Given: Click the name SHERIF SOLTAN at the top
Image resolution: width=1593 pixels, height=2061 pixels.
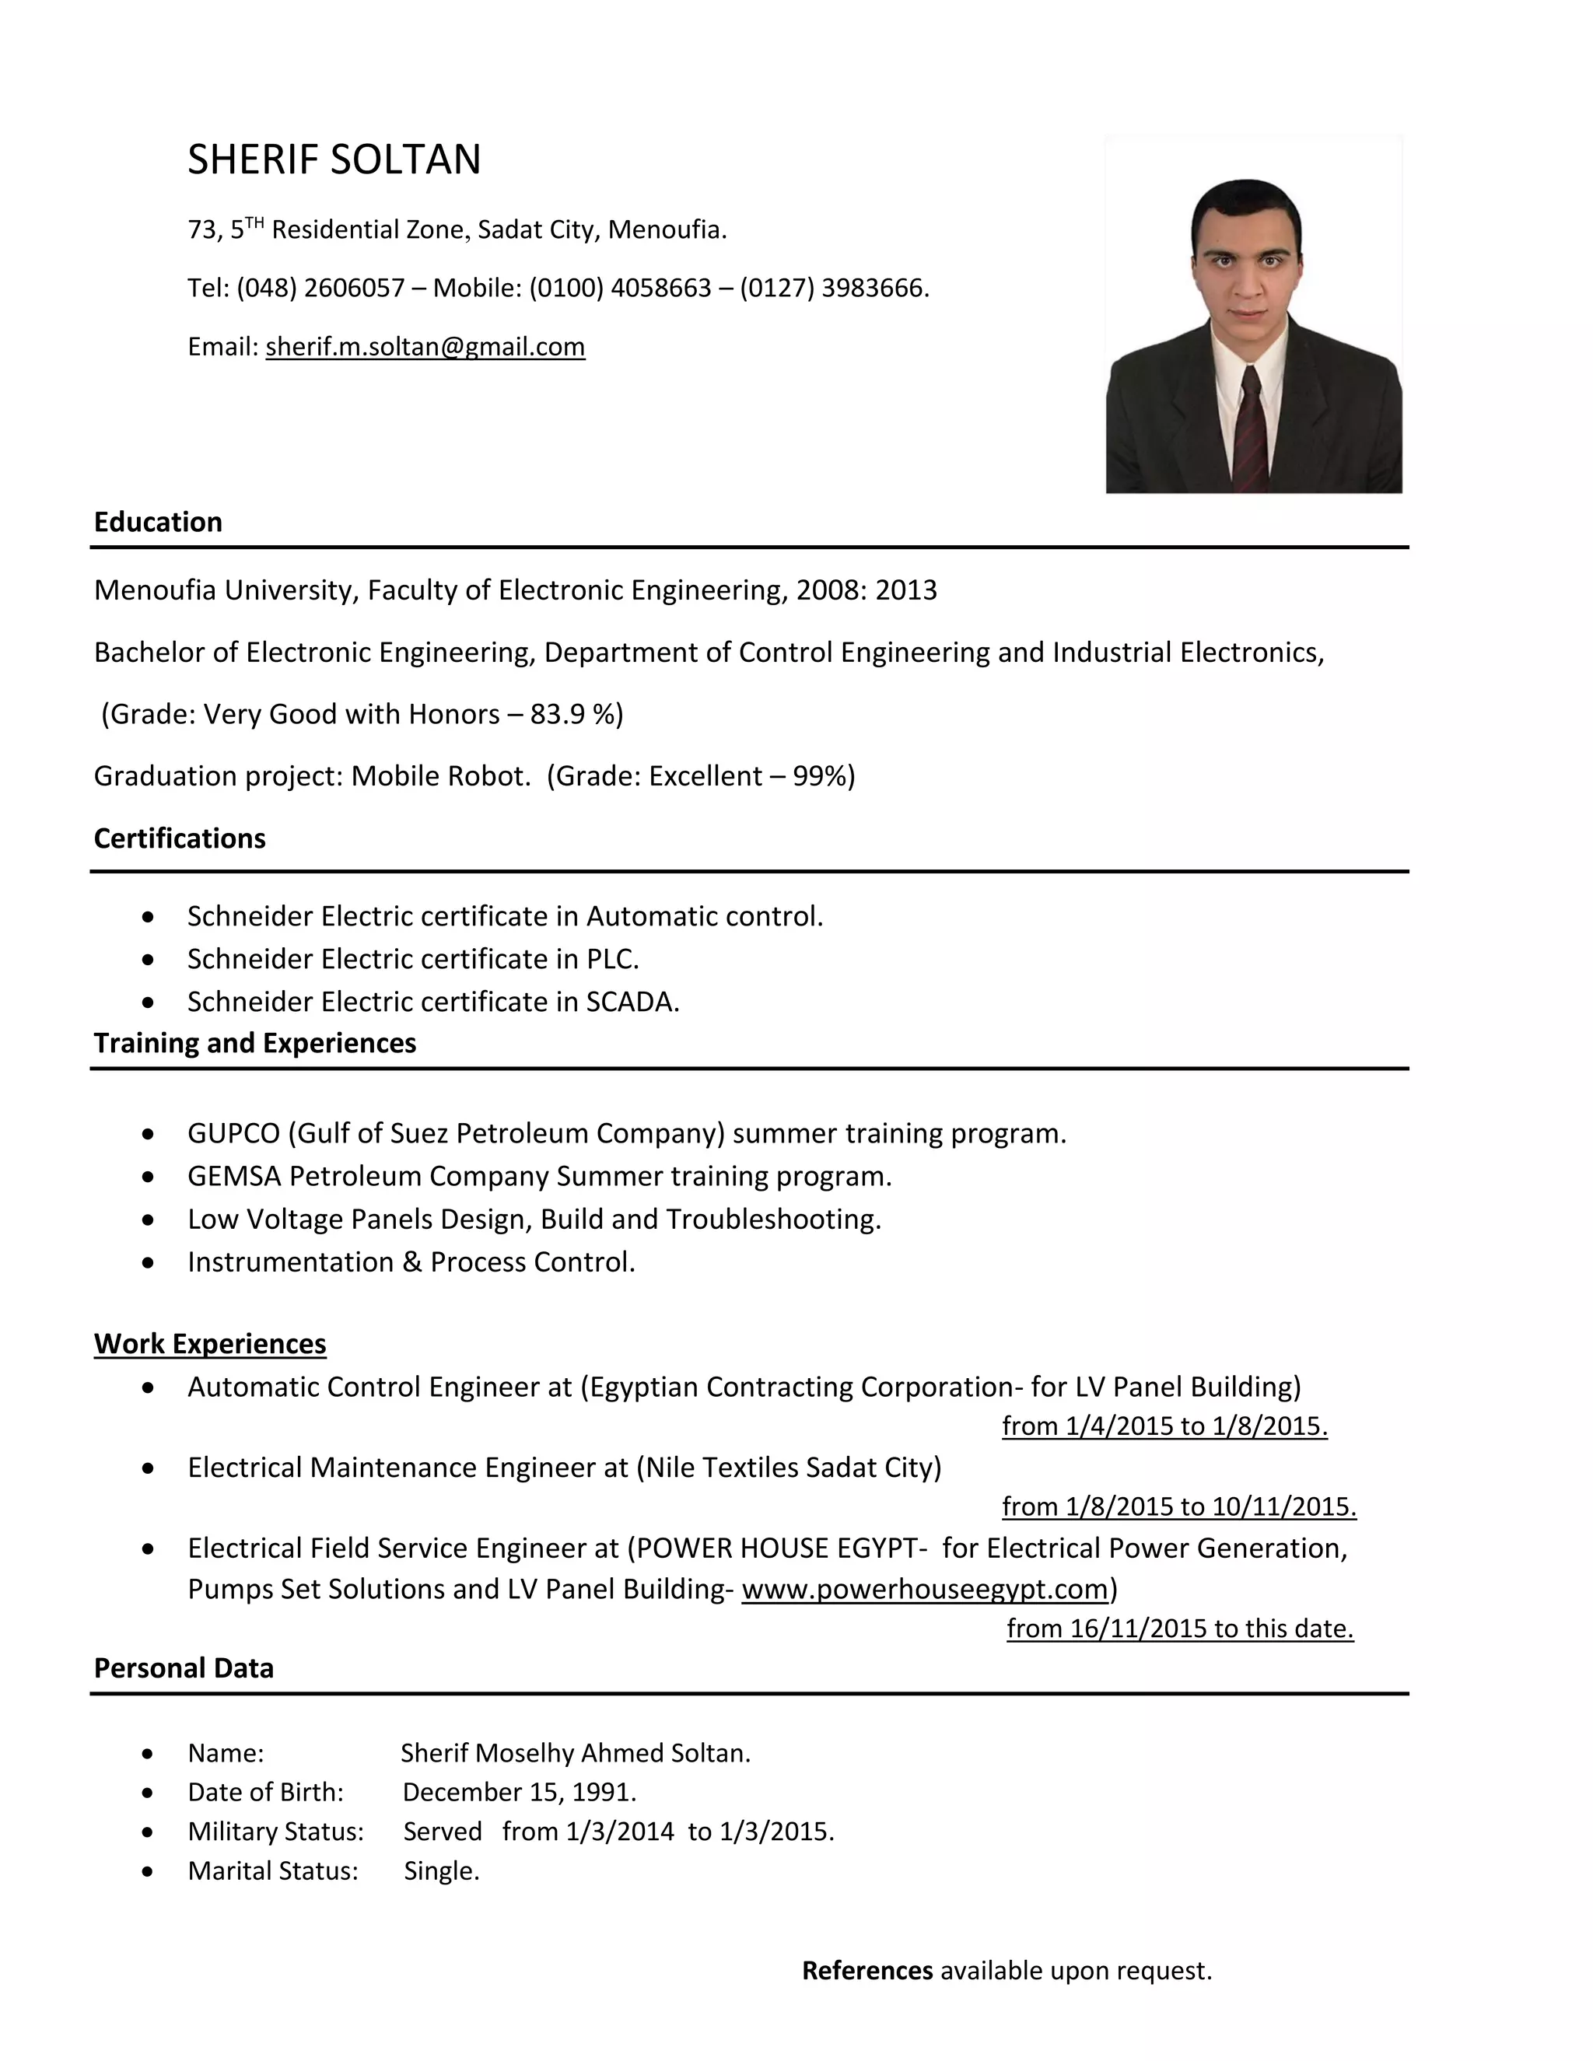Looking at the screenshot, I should click(334, 159).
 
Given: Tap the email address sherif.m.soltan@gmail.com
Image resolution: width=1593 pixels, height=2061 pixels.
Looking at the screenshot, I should click(425, 348).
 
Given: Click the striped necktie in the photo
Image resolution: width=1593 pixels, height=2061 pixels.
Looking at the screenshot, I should click(1252, 429).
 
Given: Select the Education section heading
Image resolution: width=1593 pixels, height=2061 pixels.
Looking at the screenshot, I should click(158, 522).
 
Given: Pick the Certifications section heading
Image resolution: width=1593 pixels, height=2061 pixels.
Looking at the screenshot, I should click(180, 838).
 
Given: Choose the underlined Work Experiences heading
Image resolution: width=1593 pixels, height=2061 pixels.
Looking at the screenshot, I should click(209, 1344).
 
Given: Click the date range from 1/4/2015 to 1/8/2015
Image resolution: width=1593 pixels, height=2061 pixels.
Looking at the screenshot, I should click(1164, 1426).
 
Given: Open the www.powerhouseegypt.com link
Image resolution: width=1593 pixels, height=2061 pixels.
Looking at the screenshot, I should click(924, 1589).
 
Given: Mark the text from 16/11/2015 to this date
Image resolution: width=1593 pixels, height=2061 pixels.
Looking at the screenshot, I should click(1180, 1629).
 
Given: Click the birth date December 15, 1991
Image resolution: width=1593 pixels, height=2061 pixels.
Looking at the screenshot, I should click(519, 1792).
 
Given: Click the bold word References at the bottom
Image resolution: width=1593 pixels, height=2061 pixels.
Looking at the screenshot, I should click(867, 1971).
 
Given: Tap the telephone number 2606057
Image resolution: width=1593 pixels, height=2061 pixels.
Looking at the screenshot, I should click(354, 288).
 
